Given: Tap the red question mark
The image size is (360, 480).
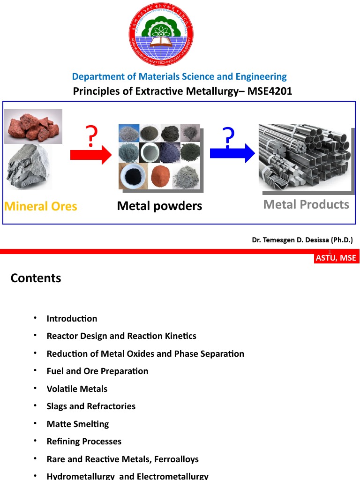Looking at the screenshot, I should [92, 136].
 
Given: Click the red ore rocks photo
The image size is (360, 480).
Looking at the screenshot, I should [33, 126].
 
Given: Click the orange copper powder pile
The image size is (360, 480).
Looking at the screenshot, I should [159, 177].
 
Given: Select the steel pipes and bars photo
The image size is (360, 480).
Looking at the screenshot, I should [305, 157].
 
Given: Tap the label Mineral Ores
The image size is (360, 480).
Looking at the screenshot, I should [41, 206].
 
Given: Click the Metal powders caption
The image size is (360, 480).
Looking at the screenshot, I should [159, 206].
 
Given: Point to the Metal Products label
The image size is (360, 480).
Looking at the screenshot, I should [306, 204].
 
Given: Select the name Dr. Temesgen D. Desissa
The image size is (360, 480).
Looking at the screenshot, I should [302, 240].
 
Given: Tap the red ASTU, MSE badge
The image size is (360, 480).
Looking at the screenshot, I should [336, 258].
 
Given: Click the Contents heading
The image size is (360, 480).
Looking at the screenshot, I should [36, 278].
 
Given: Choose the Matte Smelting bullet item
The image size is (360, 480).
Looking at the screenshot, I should [78, 424].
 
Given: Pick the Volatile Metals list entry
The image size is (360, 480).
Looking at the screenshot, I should [77, 389].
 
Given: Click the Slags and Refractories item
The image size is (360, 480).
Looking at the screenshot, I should [91, 406].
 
